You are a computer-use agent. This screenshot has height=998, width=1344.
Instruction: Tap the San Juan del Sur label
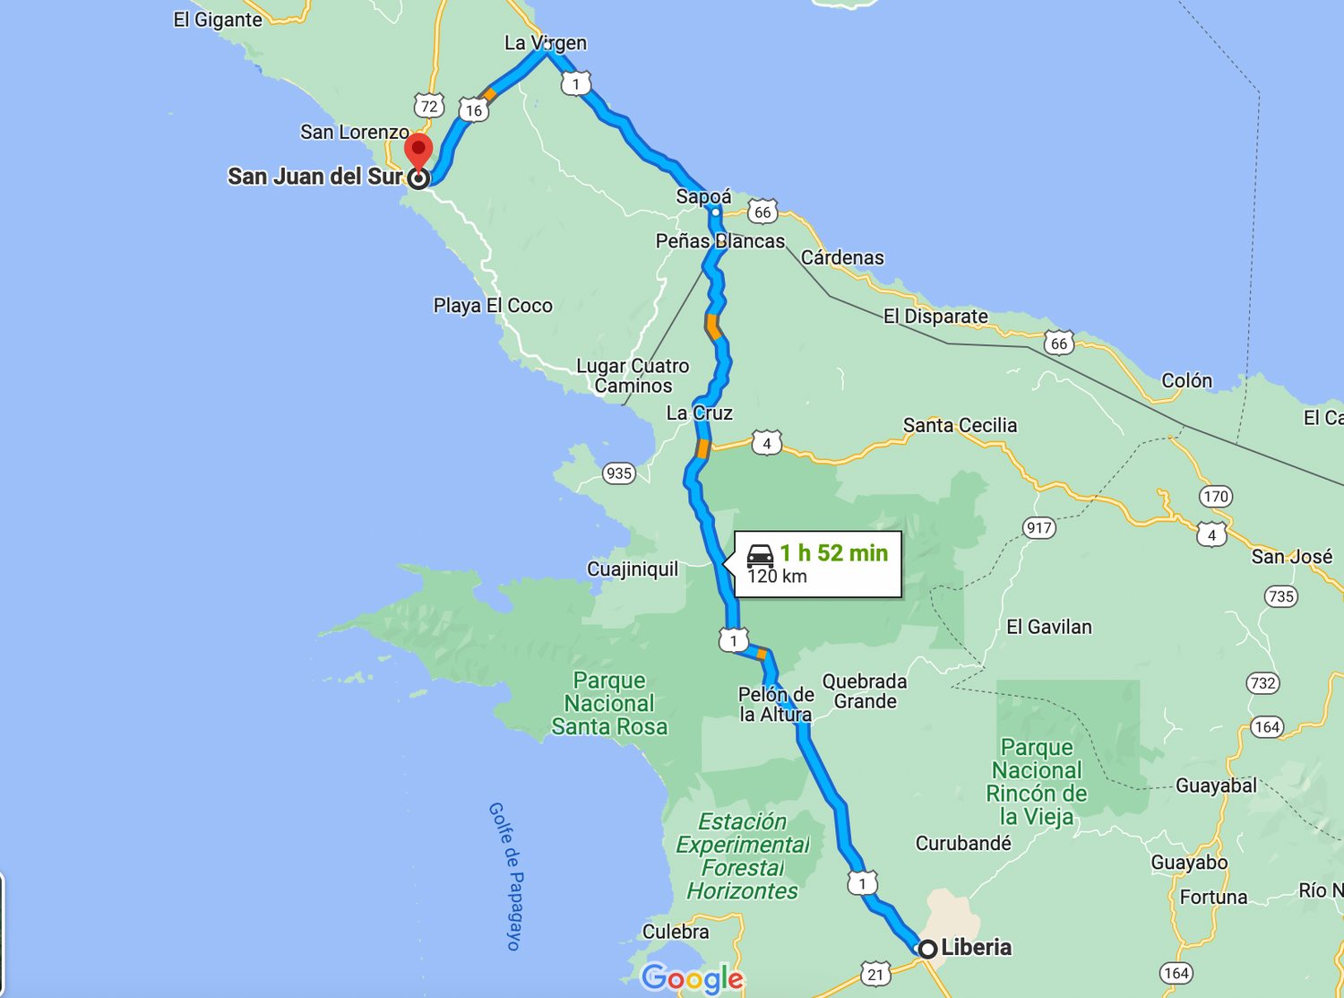pos(314,177)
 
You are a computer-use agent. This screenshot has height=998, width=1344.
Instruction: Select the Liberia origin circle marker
pos(927,949)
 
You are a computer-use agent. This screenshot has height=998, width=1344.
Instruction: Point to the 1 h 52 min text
pos(833,553)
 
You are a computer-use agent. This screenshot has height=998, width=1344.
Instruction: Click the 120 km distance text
pos(777,577)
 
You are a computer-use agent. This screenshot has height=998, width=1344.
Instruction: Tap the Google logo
pos(693,978)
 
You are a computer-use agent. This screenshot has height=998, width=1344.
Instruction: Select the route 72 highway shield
pos(429,106)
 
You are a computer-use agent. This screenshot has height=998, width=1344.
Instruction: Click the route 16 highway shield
pos(473,110)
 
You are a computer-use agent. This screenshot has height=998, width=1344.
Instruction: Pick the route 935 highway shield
pos(619,473)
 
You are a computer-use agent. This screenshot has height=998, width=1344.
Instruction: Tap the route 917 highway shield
pos(1038,527)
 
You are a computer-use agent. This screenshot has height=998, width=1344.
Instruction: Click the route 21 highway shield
pos(875,974)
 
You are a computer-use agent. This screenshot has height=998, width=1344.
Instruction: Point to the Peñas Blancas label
pos(719,241)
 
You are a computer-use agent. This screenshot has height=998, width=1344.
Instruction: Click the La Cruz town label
pos(699,413)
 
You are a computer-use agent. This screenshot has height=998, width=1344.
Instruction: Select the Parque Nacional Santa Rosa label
pos(609,704)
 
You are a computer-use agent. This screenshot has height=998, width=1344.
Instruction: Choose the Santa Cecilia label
pos(960,425)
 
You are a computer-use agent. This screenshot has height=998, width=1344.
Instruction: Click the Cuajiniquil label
pos(633,569)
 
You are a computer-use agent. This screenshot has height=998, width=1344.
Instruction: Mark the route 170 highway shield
pos(1216,496)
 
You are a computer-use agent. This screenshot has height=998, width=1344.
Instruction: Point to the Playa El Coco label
pos(493,306)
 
